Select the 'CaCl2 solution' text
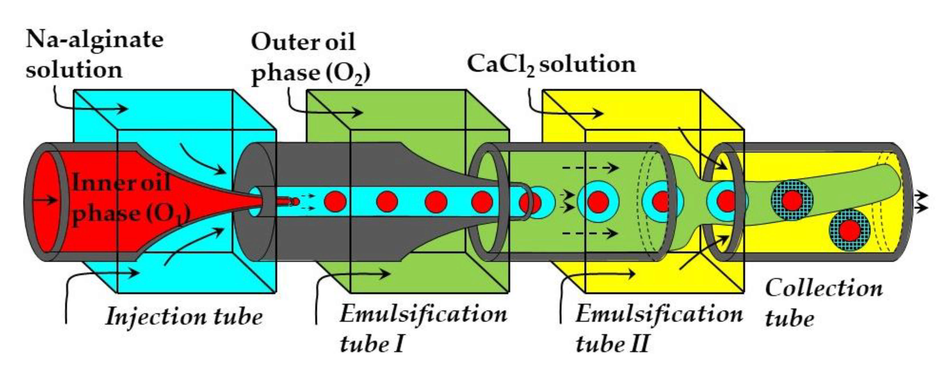tap(551, 64)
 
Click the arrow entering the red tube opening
tap(44, 200)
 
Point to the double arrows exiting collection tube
tap(920, 201)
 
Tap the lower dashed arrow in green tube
tap(590, 233)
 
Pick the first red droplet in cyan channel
tap(335, 201)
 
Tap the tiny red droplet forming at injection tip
tap(295, 201)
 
